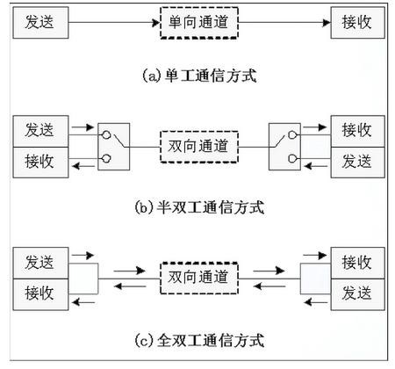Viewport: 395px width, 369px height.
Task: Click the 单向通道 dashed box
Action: (199, 23)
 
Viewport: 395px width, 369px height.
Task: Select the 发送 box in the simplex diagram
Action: (40, 23)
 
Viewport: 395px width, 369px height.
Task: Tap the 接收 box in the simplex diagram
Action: (357, 23)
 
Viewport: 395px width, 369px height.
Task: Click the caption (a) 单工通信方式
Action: (199, 76)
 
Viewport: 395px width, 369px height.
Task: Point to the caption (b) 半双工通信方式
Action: (199, 207)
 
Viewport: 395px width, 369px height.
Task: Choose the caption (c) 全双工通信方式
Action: (199, 340)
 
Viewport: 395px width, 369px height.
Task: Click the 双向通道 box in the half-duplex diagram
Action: (199, 147)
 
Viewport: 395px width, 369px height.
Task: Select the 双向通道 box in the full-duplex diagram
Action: (199, 279)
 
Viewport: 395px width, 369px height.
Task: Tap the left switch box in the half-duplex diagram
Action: (114, 147)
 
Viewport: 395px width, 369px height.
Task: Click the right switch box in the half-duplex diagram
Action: (284, 147)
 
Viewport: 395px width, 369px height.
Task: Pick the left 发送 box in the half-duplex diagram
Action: (40, 131)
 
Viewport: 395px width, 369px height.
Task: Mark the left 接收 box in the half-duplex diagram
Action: (40, 163)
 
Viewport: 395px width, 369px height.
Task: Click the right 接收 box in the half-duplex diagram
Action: (357, 131)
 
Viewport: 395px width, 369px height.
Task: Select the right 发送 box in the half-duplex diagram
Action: (357, 163)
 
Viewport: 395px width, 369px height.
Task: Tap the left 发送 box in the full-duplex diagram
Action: (40, 263)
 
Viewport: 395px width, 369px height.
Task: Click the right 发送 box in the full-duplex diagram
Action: (357, 294)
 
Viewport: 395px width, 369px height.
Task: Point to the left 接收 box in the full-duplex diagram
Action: (40, 294)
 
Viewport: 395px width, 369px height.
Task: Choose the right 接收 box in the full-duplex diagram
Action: (357, 263)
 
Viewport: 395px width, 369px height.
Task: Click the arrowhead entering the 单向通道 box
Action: (156, 23)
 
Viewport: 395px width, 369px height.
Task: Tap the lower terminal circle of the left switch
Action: (106, 158)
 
